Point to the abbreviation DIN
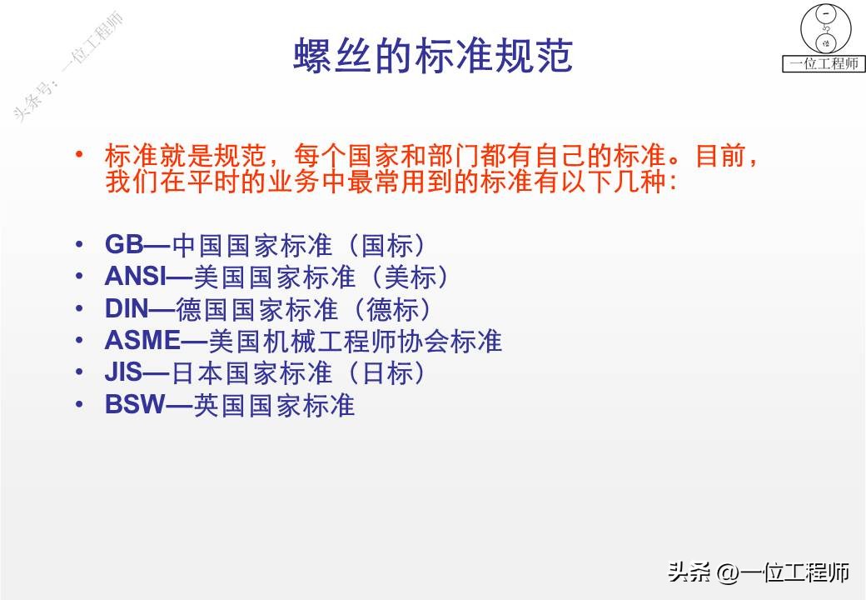(127, 308)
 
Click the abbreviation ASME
(142, 341)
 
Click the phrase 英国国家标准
(275, 406)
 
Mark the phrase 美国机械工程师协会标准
(354, 342)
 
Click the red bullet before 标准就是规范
(79, 154)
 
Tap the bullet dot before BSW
(79, 404)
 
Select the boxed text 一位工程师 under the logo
(823, 63)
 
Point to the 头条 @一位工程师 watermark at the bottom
(759, 572)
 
